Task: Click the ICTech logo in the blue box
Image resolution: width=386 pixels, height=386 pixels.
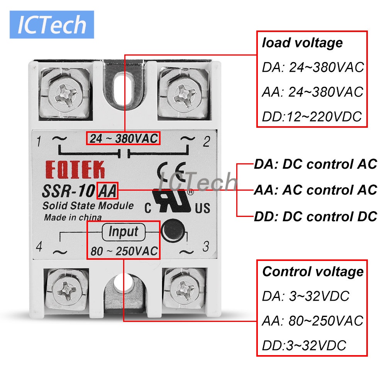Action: click(52, 24)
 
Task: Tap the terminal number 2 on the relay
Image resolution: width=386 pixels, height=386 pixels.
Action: click(206, 142)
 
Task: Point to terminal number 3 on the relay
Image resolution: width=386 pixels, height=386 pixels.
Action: click(206, 246)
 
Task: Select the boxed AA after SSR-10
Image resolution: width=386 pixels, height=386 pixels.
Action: click(108, 190)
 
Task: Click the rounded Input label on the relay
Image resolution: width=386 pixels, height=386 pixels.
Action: click(123, 232)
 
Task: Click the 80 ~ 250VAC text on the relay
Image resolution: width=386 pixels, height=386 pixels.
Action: click(124, 251)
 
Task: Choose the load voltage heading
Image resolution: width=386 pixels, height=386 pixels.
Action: click(302, 42)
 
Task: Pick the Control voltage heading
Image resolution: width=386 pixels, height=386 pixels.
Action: click(313, 271)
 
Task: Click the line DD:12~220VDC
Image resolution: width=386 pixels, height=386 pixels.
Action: click(312, 116)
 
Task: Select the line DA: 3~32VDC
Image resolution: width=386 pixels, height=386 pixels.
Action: click(305, 296)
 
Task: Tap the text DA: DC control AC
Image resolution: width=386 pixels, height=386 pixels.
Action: click(315, 164)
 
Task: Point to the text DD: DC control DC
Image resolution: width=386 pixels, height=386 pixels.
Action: click(315, 217)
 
